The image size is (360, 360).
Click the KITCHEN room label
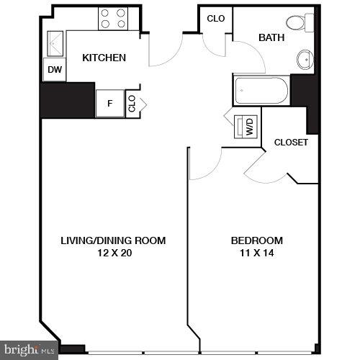click(104, 58)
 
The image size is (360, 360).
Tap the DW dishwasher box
click(54, 70)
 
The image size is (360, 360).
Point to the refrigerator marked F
click(110, 103)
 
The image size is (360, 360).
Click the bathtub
click(261, 91)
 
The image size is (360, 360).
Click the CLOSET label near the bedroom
click(291, 142)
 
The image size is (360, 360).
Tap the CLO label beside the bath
click(215, 19)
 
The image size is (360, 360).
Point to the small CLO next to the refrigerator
click(132, 103)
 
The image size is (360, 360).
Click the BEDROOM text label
click(256, 240)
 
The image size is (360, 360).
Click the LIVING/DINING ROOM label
click(113, 240)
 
